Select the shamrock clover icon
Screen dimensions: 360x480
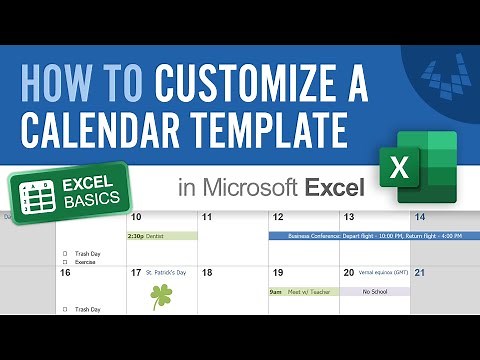point(161,296)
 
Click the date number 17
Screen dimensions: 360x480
point(136,272)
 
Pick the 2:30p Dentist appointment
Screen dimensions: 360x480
point(160,236)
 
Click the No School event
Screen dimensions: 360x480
point(375,291)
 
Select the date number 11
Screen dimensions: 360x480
point(207,217)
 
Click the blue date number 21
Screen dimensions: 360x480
point(420,272)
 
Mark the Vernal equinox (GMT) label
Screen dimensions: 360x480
point(380,272)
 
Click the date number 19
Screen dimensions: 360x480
point(278,272)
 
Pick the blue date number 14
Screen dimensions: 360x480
point(420,217)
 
